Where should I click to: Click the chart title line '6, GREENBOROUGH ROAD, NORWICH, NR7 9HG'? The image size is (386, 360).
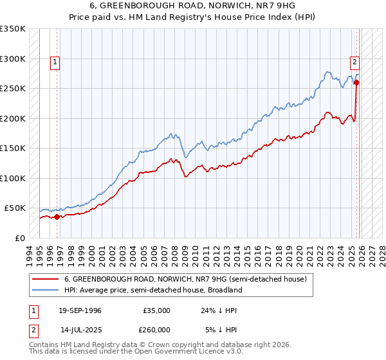coord(193,5)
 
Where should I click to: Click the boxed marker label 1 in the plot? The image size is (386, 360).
coord(55,62)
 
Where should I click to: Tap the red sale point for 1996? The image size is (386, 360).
coord(57,217)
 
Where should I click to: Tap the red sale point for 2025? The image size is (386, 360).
coord(357,82)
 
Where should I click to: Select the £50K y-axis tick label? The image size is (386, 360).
coord(15,208)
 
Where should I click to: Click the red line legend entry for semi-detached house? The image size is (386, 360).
coord(186,279)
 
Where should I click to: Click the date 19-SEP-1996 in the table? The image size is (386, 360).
coord(78,310)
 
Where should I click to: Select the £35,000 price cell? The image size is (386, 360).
coord(156,310)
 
